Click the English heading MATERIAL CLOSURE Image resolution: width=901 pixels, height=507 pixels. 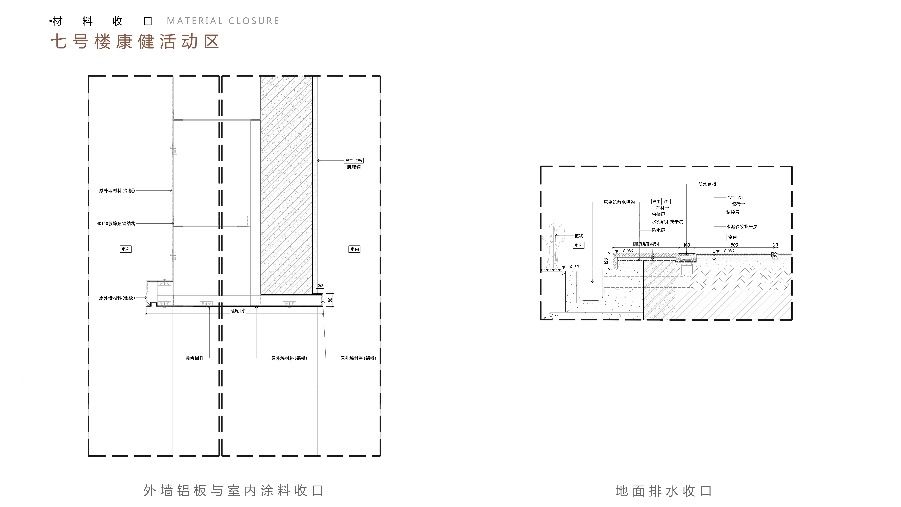pos(223,21)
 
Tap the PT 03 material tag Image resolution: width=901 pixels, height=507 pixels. pos(354,160)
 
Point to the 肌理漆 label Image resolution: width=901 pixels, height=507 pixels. pos(354,167)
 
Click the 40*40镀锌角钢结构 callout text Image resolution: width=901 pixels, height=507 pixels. pos(116,223)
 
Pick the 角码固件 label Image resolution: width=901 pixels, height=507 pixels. pos(194,358)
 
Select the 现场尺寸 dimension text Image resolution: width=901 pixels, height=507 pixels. pos(238,311)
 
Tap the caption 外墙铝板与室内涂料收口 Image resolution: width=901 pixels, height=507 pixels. pos(234,491)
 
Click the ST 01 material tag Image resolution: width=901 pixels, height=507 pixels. pos(661,202)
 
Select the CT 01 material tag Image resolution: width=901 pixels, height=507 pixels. pos(735,198)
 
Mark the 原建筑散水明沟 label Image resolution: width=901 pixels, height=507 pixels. pos(619,202)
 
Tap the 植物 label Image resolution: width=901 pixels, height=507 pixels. pos(579,236)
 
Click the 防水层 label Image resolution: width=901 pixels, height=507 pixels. pos(658,230)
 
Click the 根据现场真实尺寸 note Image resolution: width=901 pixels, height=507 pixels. pos(646,244)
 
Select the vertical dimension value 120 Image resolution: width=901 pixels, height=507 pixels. pos(606,261)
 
